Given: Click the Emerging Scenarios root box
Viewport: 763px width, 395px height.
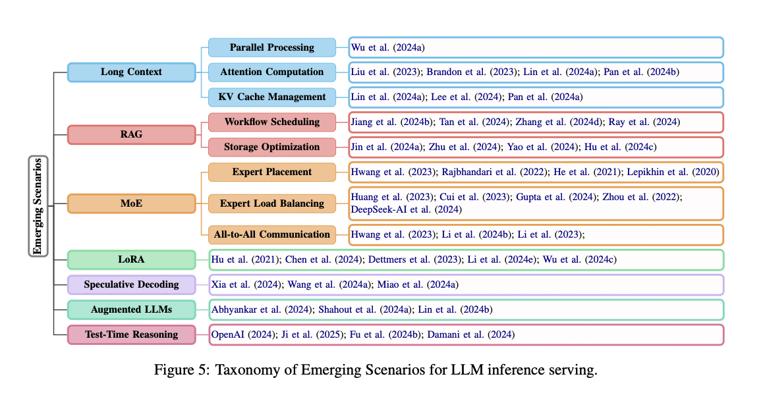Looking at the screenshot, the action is pos(38,206).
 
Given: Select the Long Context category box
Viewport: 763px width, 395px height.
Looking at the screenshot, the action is pos(131,72).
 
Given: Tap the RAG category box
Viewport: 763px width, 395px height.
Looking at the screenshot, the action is pos(131,134).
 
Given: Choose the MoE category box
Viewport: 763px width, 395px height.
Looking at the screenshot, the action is pos(131,203).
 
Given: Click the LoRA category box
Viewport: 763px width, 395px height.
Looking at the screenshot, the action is pos(131,259).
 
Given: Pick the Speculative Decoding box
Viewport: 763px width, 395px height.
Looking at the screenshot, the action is pos(131,284).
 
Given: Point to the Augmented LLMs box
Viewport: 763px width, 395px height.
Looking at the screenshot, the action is pos(131,309).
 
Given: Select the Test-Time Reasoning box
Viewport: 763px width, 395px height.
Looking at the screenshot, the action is pos(131,334).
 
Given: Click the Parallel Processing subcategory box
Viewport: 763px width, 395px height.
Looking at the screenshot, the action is pos(272,47).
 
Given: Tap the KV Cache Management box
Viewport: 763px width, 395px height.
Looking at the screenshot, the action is pos(272,97).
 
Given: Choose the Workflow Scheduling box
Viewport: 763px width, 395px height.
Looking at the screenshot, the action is pos(272,122).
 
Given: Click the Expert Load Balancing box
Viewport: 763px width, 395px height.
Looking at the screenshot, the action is pos(272,203).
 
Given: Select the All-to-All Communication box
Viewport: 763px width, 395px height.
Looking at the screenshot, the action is pos(272,234).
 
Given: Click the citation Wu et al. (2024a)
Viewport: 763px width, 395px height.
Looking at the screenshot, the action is pos(388,47).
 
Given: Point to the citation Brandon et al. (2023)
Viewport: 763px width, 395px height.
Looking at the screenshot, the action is pos(471,72).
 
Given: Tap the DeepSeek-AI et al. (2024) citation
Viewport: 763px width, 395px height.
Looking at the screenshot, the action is pos(407,209).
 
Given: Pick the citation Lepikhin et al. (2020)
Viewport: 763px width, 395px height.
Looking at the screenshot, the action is pos(673,172).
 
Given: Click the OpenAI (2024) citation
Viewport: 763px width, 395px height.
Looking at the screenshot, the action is pos(243,334).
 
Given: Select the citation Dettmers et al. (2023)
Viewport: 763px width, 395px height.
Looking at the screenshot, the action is pos(414,260).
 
